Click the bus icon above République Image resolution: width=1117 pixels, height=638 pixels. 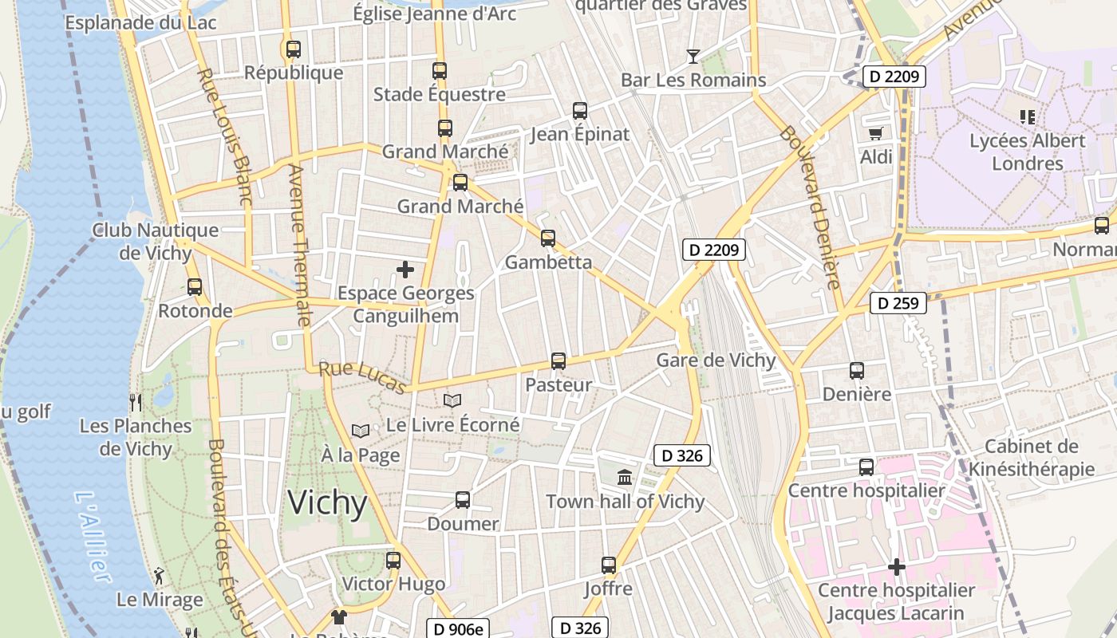click(293, 49)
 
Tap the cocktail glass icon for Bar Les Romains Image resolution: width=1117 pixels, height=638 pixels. click(693, 56)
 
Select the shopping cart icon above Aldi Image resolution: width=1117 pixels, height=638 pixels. click(876, 133)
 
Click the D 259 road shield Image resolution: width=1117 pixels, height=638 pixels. click(898, 303)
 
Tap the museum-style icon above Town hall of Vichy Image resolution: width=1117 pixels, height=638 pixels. click(625, 478)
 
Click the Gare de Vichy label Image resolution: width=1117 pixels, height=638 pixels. click(716, 360)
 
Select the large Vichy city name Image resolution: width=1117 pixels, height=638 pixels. click(327, 503)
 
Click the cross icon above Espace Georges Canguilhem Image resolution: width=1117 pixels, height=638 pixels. click(405, 270)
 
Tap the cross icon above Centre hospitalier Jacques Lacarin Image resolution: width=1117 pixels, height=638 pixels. click(897, 567)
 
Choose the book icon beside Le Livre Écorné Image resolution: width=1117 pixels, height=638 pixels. click(452, 400)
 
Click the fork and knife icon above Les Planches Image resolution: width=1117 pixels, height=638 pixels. click(136, 402)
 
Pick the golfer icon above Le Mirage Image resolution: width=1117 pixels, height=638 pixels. click(160, 575)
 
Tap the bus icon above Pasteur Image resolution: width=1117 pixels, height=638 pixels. click(558, 361)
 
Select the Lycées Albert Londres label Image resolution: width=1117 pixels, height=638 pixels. click(1028, 152)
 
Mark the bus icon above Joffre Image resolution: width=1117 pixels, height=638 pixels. click(609, 565)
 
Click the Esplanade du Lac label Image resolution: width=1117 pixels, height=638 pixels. click(140, 22)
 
